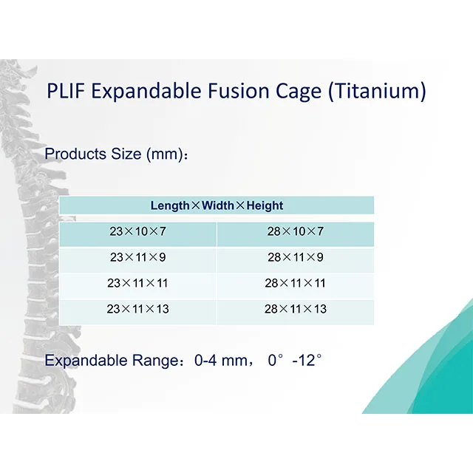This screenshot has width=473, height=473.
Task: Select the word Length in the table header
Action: tap(170, 205)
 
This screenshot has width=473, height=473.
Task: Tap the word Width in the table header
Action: tap(219, 205)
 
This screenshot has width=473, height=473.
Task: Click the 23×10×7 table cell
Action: tap(137, 231)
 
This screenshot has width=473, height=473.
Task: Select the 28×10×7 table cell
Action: tap(295, 231)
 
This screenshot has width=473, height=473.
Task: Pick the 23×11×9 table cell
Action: tap(137, 257)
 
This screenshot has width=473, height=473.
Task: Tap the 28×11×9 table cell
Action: tap(295, 257)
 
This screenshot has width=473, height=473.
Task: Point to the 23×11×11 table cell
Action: tap(137, 283)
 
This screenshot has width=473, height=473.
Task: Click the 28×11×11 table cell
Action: tap(295, 283)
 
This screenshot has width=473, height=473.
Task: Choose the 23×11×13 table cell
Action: tap(137, 309)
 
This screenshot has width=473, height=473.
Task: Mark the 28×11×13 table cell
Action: tap(295, 309)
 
